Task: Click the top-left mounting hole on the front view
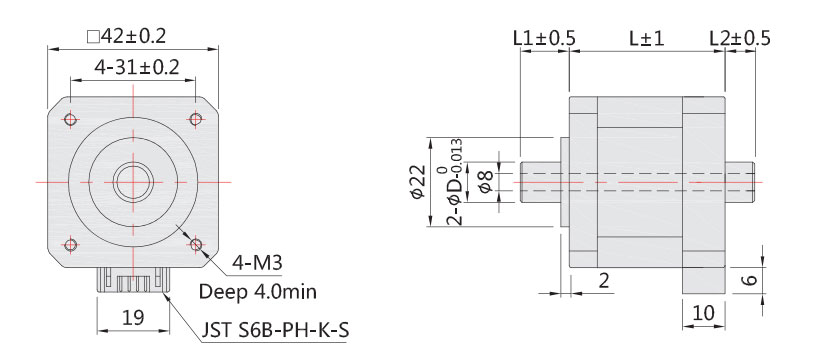pos(70,120)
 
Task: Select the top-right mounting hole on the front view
pos(195,120)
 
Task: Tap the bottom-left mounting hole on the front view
pos(70,244)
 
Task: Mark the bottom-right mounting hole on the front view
pos(195,244)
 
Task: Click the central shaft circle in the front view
pos(132,182)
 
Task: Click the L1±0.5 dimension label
pos(543,39)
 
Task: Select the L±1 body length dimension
pos(647,39)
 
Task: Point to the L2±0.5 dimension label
pos(739,39)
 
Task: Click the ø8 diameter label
pos(483,182)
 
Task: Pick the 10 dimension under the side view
pos(703,313)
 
